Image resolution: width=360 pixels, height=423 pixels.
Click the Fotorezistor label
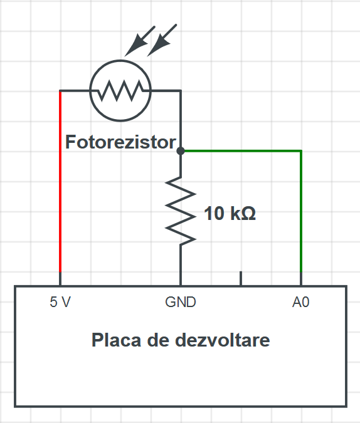[x=120, y=142]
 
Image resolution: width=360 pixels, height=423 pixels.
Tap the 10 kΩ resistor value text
[x=230, y=214]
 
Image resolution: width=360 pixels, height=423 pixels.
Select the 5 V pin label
[x=60, y=302]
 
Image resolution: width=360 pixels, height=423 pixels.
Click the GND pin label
[x=181, y=302]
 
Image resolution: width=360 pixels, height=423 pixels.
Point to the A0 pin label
[x=300, y=302]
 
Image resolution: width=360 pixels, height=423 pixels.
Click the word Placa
[x=117, y=340]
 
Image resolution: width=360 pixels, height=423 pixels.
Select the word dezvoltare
[x=222, y=340]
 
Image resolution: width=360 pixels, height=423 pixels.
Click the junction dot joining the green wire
[x=181, y=151]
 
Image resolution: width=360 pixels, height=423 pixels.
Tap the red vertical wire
[x=60, y=182]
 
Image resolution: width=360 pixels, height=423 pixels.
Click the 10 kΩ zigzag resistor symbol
[x=181, y=211]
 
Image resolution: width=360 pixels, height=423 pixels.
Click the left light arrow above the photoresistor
[x=139, y=41]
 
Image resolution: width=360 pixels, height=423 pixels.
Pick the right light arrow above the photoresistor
[x=162, y=41]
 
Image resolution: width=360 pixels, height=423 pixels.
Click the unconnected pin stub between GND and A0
[x=241, y=278]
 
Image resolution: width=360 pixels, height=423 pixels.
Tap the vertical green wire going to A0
[x=301, y=211]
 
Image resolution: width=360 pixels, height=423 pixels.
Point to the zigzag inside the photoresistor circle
[x=120, y=90]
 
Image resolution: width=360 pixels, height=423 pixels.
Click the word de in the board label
[x=158, y=340]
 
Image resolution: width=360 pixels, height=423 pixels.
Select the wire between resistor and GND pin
[x=181, y=265]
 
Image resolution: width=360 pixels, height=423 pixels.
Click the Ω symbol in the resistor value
[x=248, y=214]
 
